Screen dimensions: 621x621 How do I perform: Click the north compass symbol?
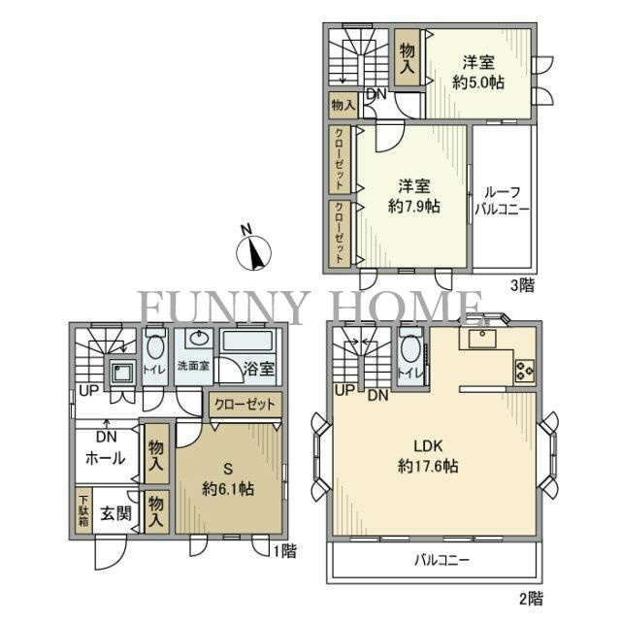point(253,252)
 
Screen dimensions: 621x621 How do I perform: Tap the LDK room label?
point(428,446)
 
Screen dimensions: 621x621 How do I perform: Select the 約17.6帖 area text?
point(428,466)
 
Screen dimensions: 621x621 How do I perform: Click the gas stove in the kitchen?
point(524,371)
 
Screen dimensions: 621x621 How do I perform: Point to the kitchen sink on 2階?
point(482,339)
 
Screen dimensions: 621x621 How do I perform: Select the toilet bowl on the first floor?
point(155,346)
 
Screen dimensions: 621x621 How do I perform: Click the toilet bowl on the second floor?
point(410,349)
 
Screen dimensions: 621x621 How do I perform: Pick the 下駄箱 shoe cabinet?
point(83,511)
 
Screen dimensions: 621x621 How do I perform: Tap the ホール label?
point(106,459)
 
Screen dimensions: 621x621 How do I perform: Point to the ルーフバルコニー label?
point(503,201)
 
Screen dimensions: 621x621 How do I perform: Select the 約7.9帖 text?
point(414,207)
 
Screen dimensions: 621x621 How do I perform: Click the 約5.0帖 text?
point(478,82)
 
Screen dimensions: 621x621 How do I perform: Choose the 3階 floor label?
point(522,285)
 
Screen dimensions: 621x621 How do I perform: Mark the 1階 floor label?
point(285,551)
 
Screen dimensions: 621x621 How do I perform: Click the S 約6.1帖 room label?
point(228,479)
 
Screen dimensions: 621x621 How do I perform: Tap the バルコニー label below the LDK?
point(442,560)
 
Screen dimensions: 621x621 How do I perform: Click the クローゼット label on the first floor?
point(245,405)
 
